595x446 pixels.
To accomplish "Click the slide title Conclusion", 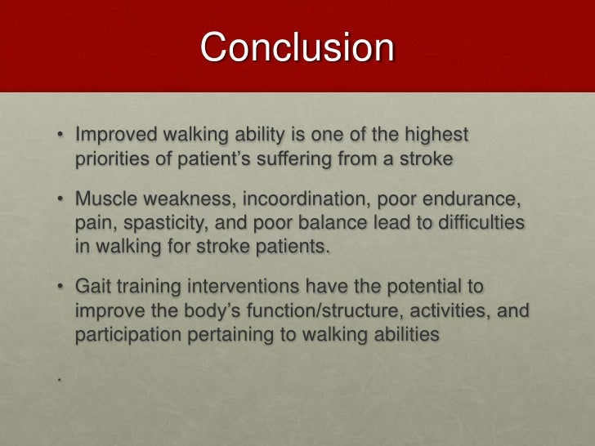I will [297, 47].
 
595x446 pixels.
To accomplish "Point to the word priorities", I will [111, 158].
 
